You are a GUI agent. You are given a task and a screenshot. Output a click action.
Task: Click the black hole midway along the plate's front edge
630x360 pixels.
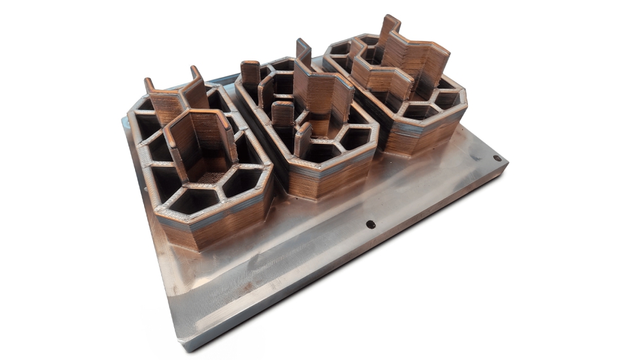(x=370, y=224)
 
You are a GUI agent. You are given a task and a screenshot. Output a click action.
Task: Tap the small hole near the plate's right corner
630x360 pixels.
(x=496, y=157)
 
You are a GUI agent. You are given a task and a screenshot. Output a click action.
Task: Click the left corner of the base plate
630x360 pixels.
(x=122, y=120)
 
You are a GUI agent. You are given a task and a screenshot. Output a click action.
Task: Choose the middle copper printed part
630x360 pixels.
(x=305, y=129)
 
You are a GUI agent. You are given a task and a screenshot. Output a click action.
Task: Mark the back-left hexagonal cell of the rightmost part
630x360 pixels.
(x=339, y=50)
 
